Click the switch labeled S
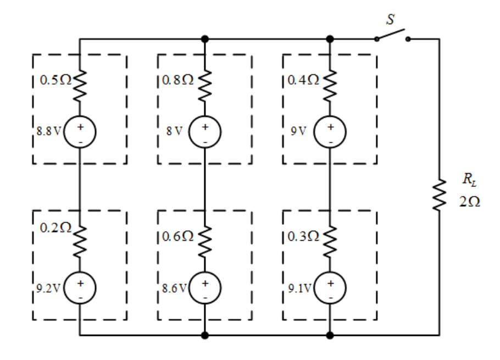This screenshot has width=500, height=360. click(x=392, y=35)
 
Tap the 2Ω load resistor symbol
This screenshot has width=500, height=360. click(x=439, y=195)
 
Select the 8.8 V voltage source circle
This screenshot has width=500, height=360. click(x=80, y=132)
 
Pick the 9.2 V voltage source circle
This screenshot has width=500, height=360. click(x=80, y=288)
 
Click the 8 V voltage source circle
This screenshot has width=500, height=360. click(x=205, y=132)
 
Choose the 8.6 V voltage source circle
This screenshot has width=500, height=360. click(x=205, y=288)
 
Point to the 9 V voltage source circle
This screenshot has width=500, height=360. click(x=330, y=132)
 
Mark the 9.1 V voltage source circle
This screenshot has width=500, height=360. click(x=330, y=288)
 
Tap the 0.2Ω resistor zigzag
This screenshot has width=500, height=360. click(x=80, y=242)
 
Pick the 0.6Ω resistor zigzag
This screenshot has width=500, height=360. click(x=205, y=242)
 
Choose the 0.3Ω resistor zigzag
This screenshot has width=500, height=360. click(x=330, y=242)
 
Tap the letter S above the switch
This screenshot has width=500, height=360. click(x=390, y=19)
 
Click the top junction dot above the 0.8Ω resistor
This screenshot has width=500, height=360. click(x=205, y=39)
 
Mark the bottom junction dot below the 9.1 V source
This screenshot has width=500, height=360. click(x=330, y=335)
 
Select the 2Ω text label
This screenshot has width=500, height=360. click(x=470, y=202)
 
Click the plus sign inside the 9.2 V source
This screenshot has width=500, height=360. click(x=80, y=283)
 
